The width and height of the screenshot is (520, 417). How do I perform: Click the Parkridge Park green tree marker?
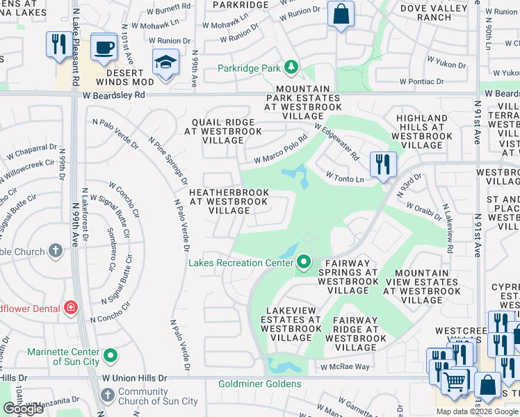point(293,68)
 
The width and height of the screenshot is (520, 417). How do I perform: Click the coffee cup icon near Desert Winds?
point(104,47)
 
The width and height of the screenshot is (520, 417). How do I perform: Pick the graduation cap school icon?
point(165,63)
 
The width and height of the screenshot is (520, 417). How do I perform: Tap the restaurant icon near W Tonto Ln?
point(383,165)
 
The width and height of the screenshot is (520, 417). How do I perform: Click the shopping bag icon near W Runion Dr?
point(341,14)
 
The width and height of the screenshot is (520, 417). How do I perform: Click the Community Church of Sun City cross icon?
point(106,395)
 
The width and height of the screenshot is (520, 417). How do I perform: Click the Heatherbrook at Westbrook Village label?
point(229,200)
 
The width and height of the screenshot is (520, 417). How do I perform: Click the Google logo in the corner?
point(23,409)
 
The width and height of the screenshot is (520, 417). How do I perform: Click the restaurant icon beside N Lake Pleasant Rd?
point(56,44)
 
